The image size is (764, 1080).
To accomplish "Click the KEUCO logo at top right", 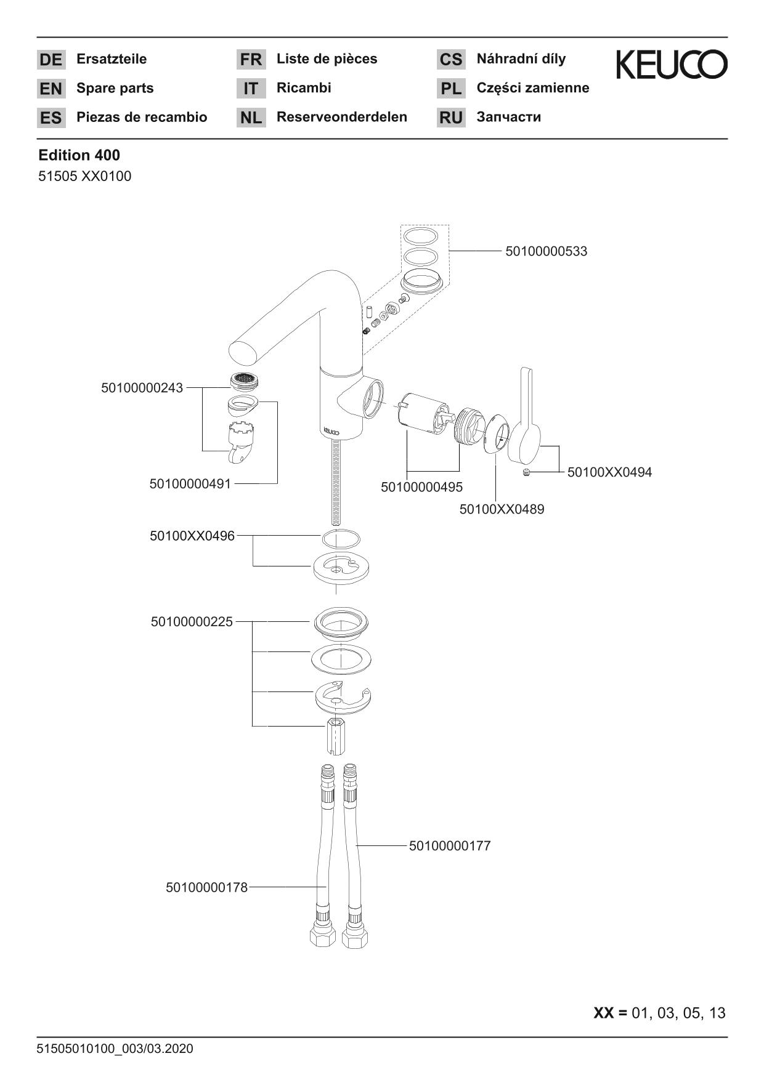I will pyautogui.click(x=671, y=65).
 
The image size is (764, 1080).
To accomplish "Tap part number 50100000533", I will pyautogui.click(x=546, y=251).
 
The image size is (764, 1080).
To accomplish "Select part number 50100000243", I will pyautogui.click(x=142, y=388).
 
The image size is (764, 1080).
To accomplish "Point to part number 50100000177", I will pyautogui.click(x=450, y=846).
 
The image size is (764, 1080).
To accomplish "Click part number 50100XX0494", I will pyautogui.click(x=609, y=472).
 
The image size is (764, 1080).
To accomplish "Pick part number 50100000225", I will pyautogui.click(x=192, y=622).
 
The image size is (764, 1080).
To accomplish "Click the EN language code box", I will pyautogui.click(x=51, y=89).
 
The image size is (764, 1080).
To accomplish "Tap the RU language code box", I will pyautogui.click(x=451, y=118).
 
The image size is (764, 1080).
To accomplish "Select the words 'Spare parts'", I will pyautogui.click(x=115, y=88).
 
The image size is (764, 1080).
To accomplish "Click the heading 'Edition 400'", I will pyautogui.click(x=79, y=155).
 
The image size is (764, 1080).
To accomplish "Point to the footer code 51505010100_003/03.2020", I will pyautogui.click(x=115, y=1049).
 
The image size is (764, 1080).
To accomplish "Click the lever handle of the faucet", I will pyautogui.click(x=525, y=419).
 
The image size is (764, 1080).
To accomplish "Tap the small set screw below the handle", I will pyautogui.click(x=526, y=472).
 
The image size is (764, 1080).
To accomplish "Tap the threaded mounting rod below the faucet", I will pyautogui.click(x=335, y=480).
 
